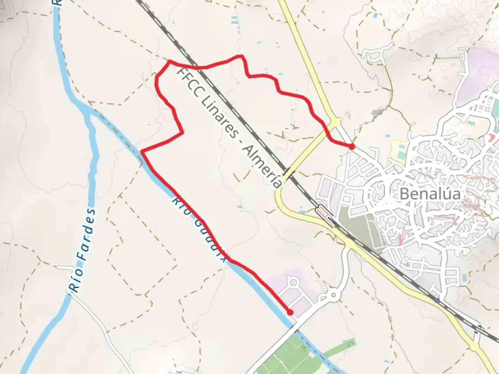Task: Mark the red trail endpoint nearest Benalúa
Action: [352, 146]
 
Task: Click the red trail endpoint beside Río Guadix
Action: [290, 312]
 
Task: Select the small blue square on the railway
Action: [437, 300]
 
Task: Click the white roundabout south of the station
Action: [333, 295]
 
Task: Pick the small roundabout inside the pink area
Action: [294, 283]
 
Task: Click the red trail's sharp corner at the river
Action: [141, 151]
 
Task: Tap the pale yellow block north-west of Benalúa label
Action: [399, 151]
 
